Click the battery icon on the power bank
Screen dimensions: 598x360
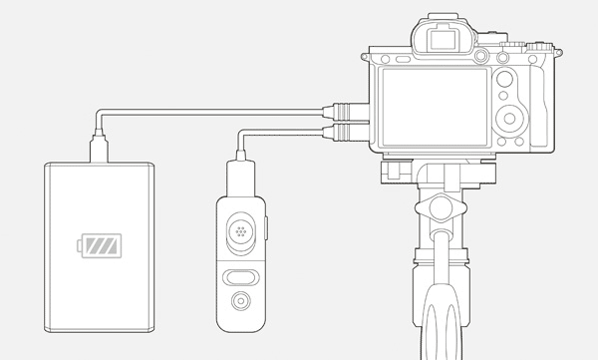101,245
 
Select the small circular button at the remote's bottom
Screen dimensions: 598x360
240,302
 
